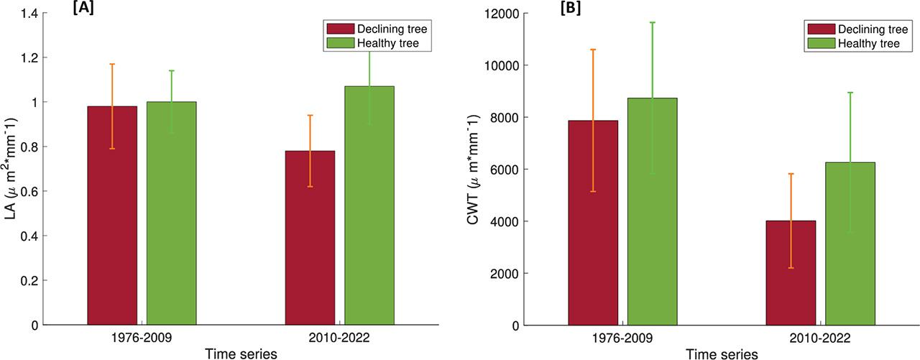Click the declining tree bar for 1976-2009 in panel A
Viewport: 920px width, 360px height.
112,216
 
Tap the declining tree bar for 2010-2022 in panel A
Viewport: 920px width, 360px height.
310,238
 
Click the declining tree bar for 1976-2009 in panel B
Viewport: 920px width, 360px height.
593,223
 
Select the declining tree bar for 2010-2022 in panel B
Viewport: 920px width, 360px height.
791,273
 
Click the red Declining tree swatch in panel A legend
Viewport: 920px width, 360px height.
339,29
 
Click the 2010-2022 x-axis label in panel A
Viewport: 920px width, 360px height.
339,338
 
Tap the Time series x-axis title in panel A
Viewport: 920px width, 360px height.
241,353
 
